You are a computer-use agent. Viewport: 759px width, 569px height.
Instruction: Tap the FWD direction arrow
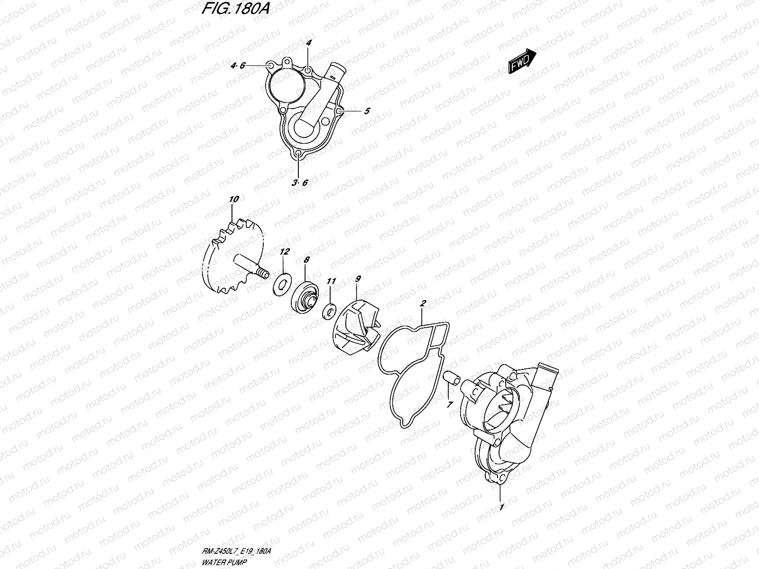pos(522,61)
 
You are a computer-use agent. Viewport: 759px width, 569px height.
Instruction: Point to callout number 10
pos(233,200)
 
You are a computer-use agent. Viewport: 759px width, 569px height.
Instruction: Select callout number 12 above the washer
pos(284,251)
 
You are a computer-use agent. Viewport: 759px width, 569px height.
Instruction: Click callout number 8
pos(306,260)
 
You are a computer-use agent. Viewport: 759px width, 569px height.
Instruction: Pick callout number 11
pos(331,282)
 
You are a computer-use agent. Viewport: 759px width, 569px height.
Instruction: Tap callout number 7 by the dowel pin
pos(449,404)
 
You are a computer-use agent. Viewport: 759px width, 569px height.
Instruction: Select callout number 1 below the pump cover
pos(501,507)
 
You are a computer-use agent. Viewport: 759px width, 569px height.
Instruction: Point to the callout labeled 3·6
pos(300,183)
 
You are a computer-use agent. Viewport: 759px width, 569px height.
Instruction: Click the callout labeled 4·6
pos(238,66)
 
